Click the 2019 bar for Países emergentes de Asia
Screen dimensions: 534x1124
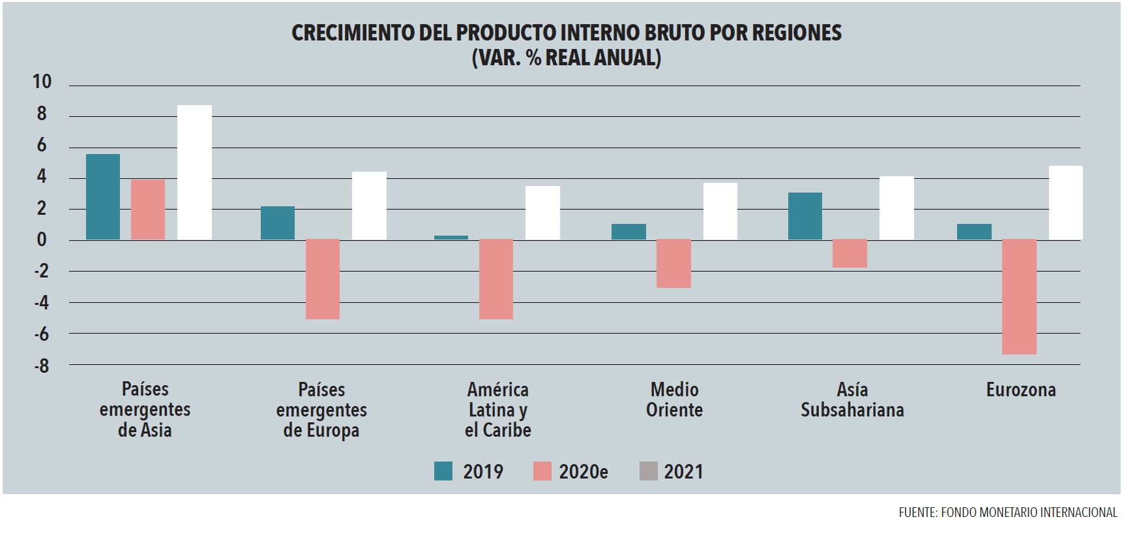tap(103, 196)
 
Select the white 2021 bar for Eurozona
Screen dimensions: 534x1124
tap(1065, 202)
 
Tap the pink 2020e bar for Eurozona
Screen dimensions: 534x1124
tap(1019, 297)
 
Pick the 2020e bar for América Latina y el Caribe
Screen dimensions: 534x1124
tap(496, 279)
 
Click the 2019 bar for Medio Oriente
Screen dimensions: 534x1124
tap(629, 232)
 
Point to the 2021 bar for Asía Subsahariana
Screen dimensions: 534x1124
tap(896, 208)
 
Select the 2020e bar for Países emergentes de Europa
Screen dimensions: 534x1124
tap(323, 279)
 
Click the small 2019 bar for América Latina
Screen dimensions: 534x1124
tap(451, 238)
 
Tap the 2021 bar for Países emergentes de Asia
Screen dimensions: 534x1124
tap(194, 172)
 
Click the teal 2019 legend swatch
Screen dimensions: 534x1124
tap(443, 471)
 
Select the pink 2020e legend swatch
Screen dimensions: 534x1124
tap(542, 471)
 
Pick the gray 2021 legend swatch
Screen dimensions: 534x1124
tap(648, 471)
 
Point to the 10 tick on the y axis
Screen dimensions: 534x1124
tap(42, 82)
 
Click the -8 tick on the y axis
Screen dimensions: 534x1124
tap(42, 366)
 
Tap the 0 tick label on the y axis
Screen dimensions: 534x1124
tap(42, 240)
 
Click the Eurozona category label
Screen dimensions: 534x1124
tap(1020, 390)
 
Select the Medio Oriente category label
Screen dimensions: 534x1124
tap(674, 400)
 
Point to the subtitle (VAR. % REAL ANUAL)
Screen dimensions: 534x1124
tap(566, 57)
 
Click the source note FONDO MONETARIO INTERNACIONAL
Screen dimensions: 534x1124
tap(1029, 512)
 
